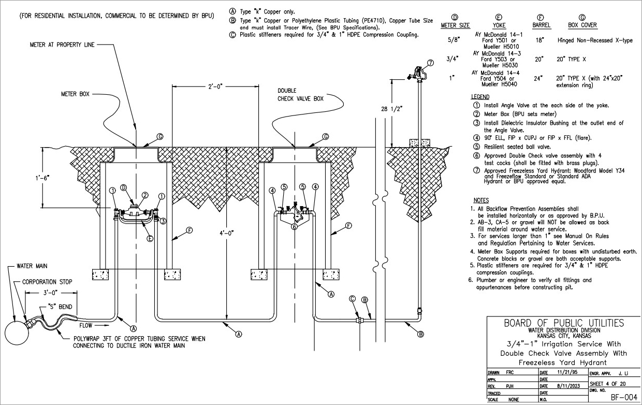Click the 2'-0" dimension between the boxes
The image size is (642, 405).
coord(215,88)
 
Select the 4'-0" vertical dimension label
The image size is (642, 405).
coord(227,234)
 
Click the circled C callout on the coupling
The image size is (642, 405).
coord(353,299)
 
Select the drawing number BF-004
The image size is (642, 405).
coord(623,397)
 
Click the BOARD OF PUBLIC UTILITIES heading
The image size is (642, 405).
coord(564,323)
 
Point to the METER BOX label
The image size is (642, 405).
coord(75,95)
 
